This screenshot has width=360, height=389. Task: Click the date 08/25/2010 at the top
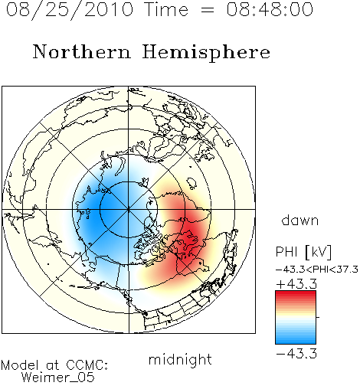click(x=70, y=9)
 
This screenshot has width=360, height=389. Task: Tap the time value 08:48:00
click(x=270, y=9)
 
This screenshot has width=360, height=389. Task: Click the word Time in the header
click(x=166, y=9)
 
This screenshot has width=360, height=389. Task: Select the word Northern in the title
click(x=82, y=51)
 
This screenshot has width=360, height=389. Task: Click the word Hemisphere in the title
click(x=206, y=53)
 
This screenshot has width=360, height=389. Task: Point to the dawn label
click(x=300, y=220)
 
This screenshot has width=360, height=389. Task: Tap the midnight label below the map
click(x=180, y=360)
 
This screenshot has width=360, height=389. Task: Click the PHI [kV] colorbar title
click(x=303, y=252)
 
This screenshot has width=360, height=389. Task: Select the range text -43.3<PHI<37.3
click(x=317, y=270)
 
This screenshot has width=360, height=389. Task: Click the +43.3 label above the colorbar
click(x=296, y=284)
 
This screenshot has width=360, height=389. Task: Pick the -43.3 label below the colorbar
click(x=296, y=354)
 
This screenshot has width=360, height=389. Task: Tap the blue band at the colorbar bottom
click(x=296, y=340)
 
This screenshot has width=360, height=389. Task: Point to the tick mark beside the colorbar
click(x=318, y=317)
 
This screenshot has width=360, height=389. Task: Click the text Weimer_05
click(x=58, y=377)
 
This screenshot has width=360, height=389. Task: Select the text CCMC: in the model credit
click(x=87, y=365)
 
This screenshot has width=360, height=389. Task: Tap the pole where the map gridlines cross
click(x=129, y=210)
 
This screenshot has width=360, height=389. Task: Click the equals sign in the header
click(x=207, y=10)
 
